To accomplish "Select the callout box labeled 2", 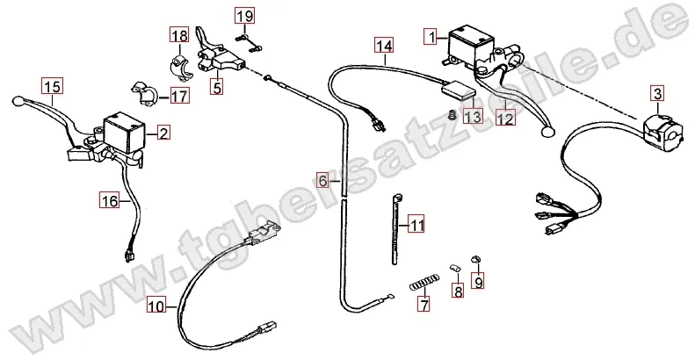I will click(x=163, y=133).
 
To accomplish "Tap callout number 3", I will click(x=655, y=92).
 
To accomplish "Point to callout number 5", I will click(x=215, y=86).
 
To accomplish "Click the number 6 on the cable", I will click(x=323, y=182).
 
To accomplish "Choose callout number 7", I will click(x=424, y=306).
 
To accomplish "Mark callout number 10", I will click(x=155, y=306).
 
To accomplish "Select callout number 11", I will click(x=416, y=225).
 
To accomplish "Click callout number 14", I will click(x=383, y=44).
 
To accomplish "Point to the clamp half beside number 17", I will click(x=142, y=90).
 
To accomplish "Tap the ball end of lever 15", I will click(x=18, y=102).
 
